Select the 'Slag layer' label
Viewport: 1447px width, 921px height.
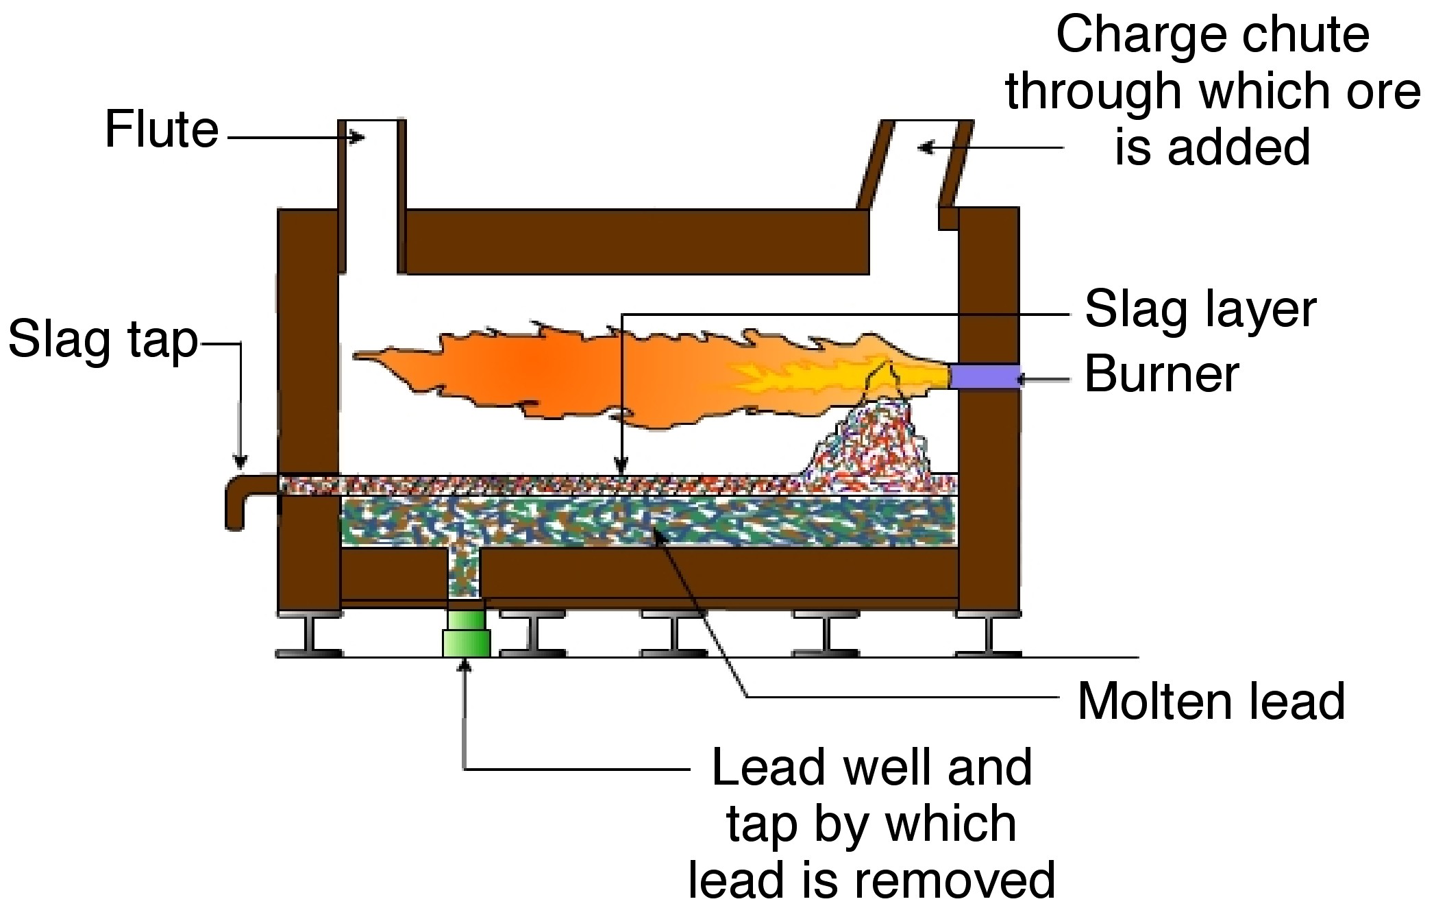1200,310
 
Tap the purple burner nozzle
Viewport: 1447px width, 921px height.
985,376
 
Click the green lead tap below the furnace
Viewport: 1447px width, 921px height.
466,634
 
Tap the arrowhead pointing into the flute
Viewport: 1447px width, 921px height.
358,138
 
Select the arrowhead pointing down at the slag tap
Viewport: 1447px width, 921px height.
240,461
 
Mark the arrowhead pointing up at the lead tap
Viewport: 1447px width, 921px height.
466,665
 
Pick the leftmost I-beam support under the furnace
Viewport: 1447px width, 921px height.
310,634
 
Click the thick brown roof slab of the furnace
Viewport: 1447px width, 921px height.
637,241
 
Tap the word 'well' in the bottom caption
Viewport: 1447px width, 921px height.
889,767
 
